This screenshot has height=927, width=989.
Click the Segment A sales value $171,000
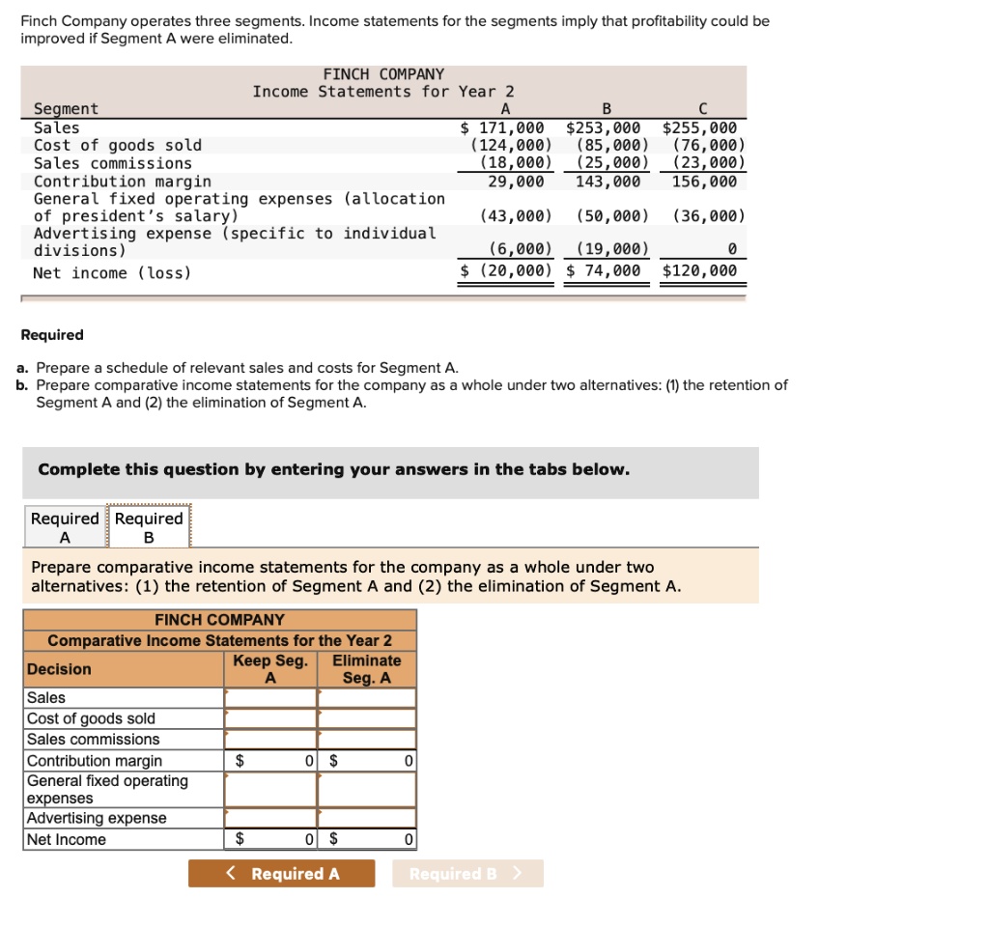coord(502,127)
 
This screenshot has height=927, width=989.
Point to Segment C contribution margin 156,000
coord(704,182)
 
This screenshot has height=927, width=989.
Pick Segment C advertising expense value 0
coord(731,251)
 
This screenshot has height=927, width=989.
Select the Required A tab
coord(65,527)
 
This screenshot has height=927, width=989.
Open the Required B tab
coord(149,527)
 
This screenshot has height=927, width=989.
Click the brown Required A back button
coord(281,874)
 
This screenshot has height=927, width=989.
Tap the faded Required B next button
coord(467,874)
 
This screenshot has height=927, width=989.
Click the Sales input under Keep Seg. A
coord(270,697)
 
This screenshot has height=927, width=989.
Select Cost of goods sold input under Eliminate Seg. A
coord(367,718)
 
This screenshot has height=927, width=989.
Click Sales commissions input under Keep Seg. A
coord(270,740)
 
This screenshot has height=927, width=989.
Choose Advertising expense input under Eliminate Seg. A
coord(367,819)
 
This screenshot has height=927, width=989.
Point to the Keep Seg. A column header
coord(270,669)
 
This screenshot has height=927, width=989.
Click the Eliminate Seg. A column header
coord(367,669)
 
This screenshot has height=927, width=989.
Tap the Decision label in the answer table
coord(60,669)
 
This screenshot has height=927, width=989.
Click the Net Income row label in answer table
coord(67,840)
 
